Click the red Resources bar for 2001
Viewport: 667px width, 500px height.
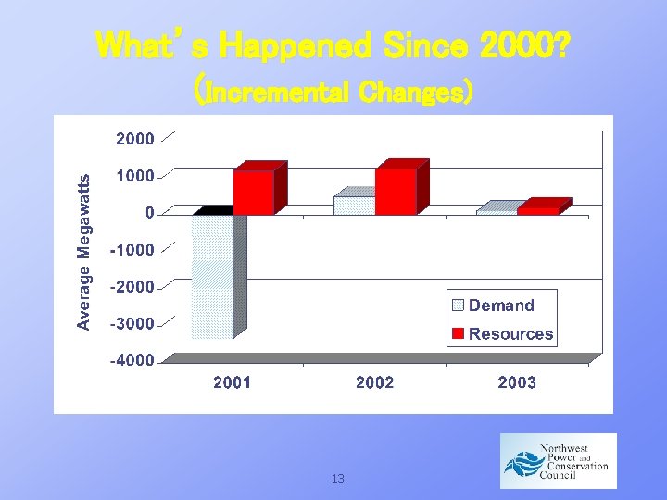pos(253,192)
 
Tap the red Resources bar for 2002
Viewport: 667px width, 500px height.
pos(396,191)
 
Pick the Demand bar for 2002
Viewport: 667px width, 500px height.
pos(354,205)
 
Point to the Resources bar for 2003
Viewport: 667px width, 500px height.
pos(538,210)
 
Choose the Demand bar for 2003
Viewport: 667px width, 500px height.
pos(497,211)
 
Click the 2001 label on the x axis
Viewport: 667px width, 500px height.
pos(233,382)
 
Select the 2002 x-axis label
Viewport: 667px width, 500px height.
pos(375,382)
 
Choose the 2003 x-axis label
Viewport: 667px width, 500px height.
pos(517,382)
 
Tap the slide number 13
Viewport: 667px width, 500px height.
pos(337,479)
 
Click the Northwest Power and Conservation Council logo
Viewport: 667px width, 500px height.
pos(558,460)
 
